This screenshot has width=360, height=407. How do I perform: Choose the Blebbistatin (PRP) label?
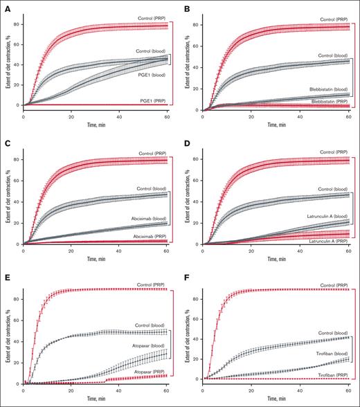328,100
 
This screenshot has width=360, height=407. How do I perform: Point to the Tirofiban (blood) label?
330,353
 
